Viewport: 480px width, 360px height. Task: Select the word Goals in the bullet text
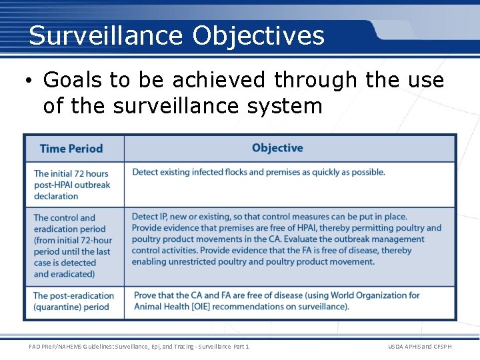point(73,81)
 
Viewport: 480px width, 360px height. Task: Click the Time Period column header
point(71,149)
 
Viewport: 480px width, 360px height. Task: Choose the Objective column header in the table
point(277,148)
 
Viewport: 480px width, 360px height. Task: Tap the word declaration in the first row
point(56,196)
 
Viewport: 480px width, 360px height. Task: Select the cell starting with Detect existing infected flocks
point(259,172)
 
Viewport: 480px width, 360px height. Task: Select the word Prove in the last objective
point(146,295)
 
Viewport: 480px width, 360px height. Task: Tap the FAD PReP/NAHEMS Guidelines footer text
point(139,347)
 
